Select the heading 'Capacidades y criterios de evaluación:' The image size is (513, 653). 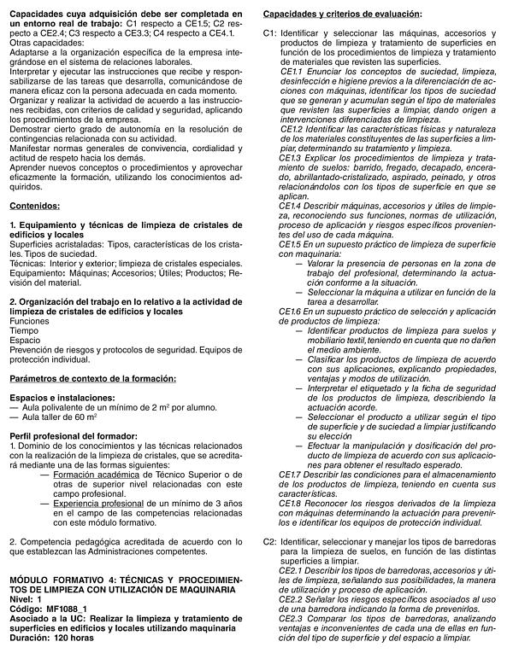(x=342, y=15)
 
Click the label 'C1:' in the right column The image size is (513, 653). (x=269, y=32)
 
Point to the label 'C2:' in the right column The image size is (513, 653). (x=269, y=541)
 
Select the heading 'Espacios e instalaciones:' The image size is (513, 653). (x=58, y=397)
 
